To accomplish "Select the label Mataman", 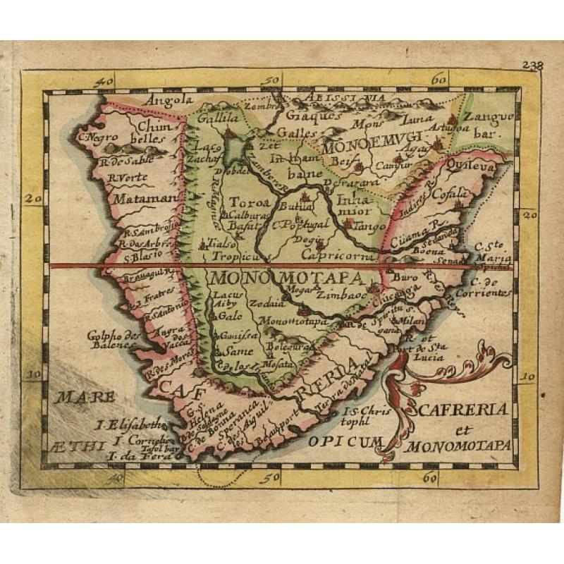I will [144, 198].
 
